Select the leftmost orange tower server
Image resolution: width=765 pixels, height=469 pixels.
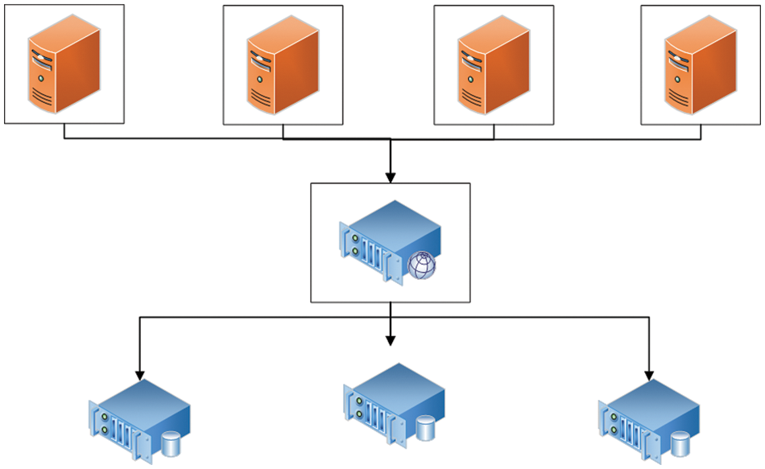64,64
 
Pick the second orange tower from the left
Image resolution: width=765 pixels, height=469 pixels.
282,66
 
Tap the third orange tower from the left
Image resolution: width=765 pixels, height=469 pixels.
493,66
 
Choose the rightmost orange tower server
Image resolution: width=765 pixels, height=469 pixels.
700,66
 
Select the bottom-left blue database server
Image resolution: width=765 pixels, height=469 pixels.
138,418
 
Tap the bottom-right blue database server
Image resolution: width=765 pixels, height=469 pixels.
648,418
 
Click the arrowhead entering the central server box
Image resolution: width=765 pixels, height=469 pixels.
391,176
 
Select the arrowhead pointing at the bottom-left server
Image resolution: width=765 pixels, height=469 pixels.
140,374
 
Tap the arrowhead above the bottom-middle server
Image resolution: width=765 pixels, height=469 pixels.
391,339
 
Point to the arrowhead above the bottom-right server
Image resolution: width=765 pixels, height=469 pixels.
649,374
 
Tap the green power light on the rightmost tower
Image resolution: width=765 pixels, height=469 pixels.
675,80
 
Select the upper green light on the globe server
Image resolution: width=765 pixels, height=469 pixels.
355,237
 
